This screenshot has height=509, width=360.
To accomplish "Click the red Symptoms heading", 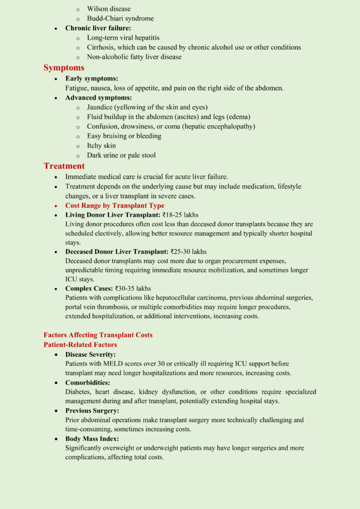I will click(64, 68).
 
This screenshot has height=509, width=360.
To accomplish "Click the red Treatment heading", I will click(64, 166).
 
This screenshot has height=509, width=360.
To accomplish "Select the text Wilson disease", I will click(109, 9).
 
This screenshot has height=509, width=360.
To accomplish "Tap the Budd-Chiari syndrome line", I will click(120, 18).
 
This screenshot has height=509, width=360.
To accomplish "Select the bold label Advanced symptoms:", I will click(98, 97).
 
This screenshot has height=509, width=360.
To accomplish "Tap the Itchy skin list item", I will click(101, 146).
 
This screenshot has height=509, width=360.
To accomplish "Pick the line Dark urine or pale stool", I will click(121, 155).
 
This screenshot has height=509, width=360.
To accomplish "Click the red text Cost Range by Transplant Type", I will click(115, 205).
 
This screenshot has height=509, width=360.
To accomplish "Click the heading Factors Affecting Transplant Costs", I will click(98, 335).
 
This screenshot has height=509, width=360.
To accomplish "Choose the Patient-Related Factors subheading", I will click(81, 344).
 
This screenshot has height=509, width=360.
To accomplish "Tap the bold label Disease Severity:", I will click(90, 354).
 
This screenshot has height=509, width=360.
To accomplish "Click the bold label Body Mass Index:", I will click(91, 439).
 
